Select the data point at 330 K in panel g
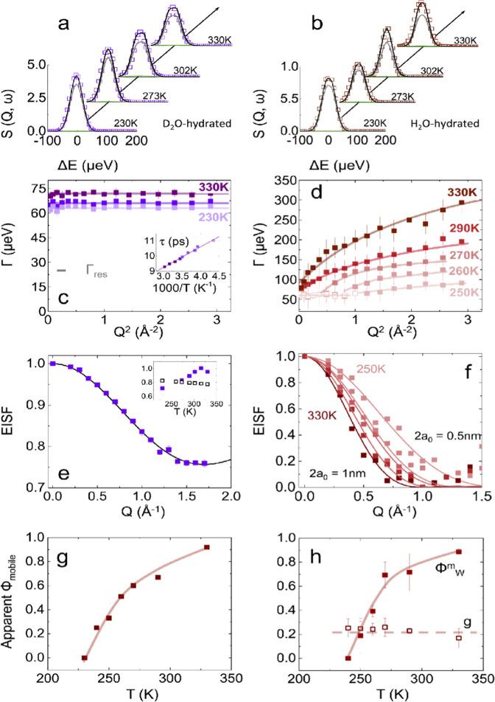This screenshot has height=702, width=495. [207, 547]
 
